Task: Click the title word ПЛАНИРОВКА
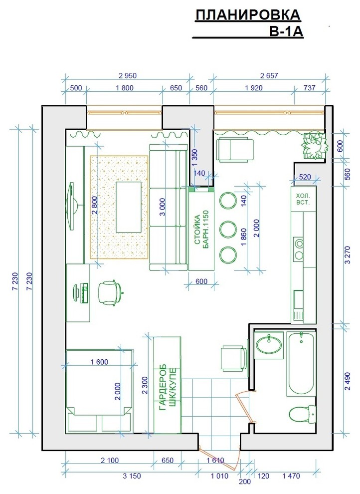(x=248, y=15)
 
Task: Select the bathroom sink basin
(x=269, y=345)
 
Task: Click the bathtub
(x=301, y=363)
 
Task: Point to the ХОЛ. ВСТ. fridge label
(x=303, y=199)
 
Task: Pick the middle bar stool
(x=228, y=230)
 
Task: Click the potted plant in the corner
(x=313, y=146)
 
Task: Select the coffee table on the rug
(x=128, y=207)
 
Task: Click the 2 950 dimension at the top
(x=128, y=76)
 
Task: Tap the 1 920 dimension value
(x=254, y=88)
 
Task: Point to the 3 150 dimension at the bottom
(x=132, y=476)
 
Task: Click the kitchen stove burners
(x=298, y=249)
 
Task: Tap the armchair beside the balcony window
(x=235, y=150)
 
